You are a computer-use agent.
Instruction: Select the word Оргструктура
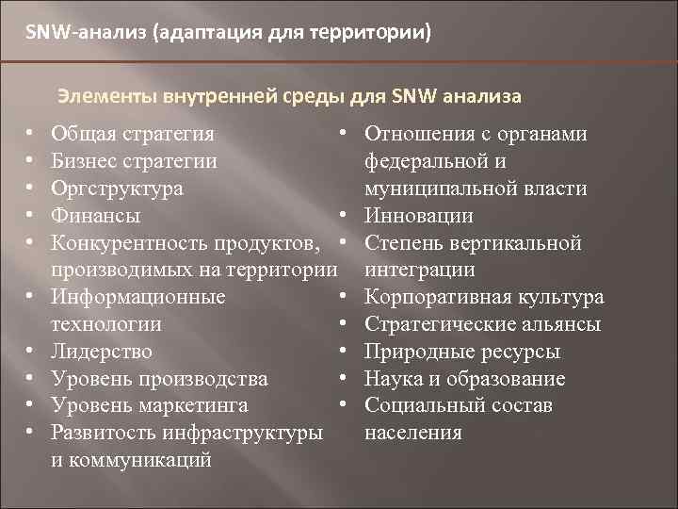[118, 189]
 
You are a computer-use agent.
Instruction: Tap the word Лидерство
[102, 352]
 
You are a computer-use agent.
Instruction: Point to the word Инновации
[418, 216]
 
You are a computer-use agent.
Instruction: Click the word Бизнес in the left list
[89, 161]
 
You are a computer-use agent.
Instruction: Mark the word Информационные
[137, 298]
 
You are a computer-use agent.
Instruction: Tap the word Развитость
[105, 434]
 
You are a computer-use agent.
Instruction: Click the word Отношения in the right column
[415, 134]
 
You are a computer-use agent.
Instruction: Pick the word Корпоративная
[438, 298]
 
